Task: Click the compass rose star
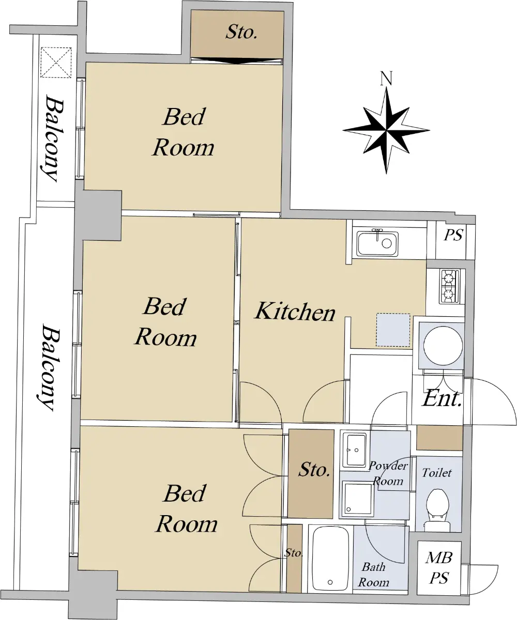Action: point(386,130)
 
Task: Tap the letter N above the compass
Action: point(386,79)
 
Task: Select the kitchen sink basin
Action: point(378,243)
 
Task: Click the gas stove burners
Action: point(450,286)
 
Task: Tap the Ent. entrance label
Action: point(442,398)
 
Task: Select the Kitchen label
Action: point(295,311)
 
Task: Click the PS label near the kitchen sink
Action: point(453,235)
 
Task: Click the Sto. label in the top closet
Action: point(241,32)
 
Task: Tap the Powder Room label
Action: point(388,473)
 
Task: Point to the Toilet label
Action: point(437,473)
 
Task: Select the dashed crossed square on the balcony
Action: point(56,62)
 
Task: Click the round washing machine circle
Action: point(443,346)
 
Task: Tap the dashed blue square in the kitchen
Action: point(393,330)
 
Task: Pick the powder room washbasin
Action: point(355,450)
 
